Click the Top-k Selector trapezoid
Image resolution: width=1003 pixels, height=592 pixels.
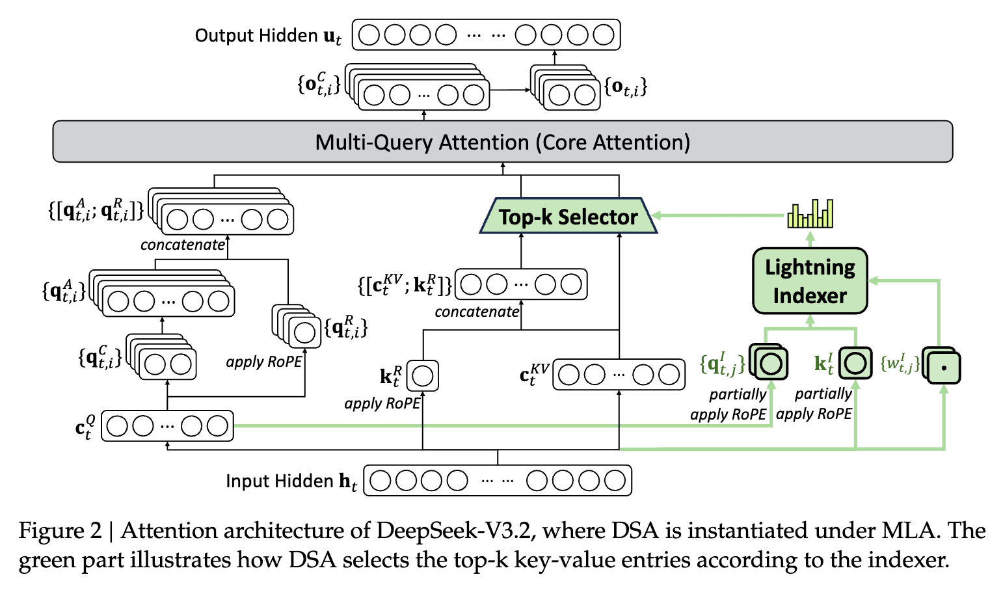(568, 216)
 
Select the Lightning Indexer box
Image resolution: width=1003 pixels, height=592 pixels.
(810, 281)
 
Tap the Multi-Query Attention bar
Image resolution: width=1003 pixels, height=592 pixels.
(503, 142)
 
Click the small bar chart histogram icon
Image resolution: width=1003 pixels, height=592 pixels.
(810, 213)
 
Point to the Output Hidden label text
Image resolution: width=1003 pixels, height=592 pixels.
(268, 36)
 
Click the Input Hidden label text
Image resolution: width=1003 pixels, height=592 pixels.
(291, 481)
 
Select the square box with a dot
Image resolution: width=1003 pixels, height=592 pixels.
(943, 368)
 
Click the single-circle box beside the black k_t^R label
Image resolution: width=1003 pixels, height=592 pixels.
(422, 376)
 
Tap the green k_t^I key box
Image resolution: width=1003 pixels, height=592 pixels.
(855, 363)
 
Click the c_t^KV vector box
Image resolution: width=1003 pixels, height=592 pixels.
(619, 374)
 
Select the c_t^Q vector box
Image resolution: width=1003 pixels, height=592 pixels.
(167, 426)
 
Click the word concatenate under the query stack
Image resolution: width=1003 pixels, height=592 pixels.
(183, 245)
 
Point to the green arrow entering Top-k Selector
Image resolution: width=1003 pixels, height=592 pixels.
(719, 215)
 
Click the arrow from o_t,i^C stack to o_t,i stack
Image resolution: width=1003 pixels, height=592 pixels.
(510, 90)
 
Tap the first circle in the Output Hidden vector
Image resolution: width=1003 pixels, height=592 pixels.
(369, 35)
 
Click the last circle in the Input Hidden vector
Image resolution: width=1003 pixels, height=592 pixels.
(615, 481)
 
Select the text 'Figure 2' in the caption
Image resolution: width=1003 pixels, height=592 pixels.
(60, 531)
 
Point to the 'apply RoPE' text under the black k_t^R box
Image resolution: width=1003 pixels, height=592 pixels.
(382, 404)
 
